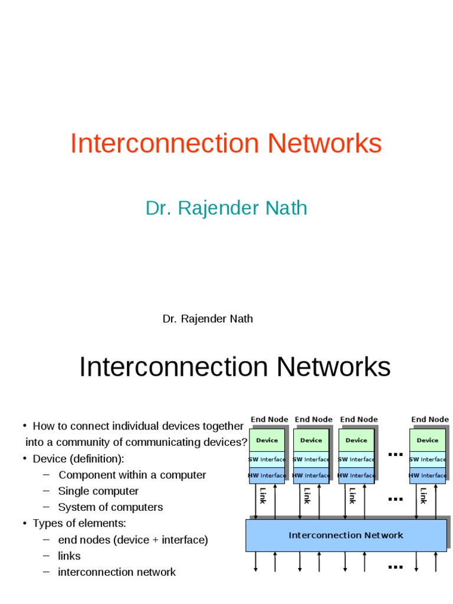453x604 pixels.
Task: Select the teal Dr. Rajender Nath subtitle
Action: (x=226, y=208)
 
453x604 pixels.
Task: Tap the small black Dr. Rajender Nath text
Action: (x=208, y=319)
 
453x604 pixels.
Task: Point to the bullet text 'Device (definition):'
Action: (x=78, y=459)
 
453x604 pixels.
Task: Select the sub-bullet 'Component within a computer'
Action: (x=132, y=475)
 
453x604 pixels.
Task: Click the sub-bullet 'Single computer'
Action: (x=99, y=491)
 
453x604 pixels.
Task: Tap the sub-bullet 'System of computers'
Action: (x=110, y=507)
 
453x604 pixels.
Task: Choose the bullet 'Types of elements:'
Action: (x=79, y=523)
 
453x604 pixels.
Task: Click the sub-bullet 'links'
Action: (x=69, y=556)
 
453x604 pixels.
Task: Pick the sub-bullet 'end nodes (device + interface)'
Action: (x=133, y=540)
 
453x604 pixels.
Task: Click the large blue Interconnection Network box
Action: (x=346, y=536)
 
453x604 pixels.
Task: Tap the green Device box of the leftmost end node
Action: (x=267, y=440)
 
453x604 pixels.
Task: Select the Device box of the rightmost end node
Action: (x=428, y=440)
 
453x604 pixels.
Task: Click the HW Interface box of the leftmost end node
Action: (x=267, y=475)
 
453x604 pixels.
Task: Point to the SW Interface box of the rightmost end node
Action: (x=428, y=459)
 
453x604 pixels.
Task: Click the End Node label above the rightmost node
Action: (x=430, y=419)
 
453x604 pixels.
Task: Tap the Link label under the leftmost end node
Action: (x=262, y=495)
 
